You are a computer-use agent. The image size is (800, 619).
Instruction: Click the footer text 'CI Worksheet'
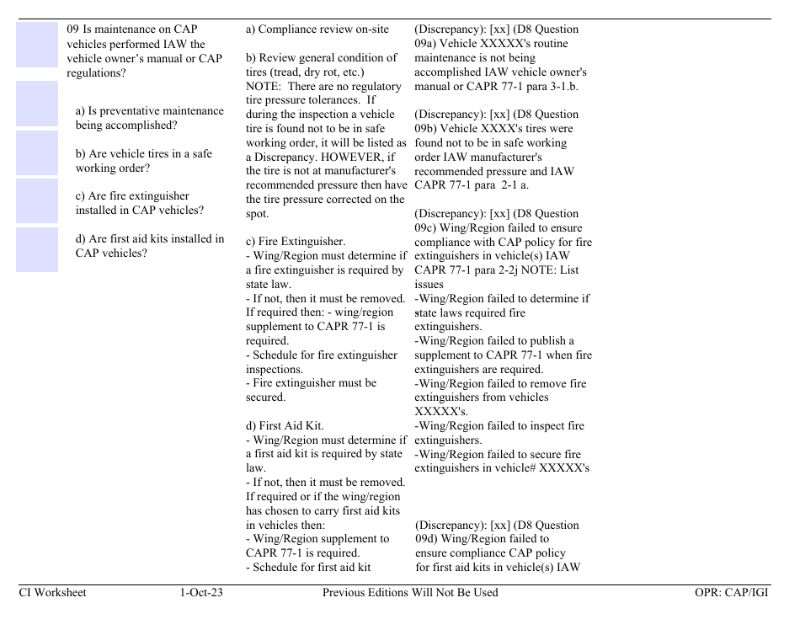(x=52, y=592)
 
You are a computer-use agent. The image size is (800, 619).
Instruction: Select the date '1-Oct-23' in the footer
(x=201, y=592)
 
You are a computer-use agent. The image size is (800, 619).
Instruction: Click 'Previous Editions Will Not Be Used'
(x=410, y=592)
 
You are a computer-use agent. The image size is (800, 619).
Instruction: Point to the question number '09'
(x=73, y=29)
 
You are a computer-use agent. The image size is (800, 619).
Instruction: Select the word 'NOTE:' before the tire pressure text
(x=262, y=86)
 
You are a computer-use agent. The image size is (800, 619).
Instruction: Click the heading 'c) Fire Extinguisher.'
(x=296, y=242)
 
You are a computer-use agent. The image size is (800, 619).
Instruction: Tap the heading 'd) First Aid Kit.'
(x=285, y=425)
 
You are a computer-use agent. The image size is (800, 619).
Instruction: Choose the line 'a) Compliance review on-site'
(x=317, y=29)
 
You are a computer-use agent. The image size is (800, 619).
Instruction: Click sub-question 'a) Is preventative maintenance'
(x=150, y=111)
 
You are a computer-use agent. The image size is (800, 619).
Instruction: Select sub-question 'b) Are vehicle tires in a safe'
(x=144, y=154)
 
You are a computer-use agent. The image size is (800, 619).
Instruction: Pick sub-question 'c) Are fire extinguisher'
(x=132, y=196)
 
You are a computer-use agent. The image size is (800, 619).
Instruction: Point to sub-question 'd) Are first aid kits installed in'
(x=150, y=238)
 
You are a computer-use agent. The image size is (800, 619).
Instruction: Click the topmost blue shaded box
(x=37, y=45)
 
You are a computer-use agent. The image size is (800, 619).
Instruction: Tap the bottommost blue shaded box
(x=37, y=249)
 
